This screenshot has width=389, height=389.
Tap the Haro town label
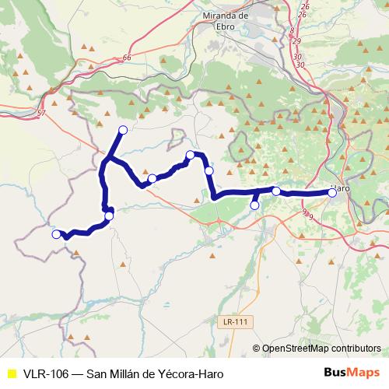point(339,187)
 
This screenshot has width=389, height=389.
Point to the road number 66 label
point(128,58)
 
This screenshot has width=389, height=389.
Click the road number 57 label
point(40,114)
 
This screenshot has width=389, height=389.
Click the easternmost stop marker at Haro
point(332,193)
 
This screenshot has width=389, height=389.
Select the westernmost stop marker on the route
point(55,234)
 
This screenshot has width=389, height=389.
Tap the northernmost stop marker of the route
point(122,129)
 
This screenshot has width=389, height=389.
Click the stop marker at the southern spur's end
point(254,205)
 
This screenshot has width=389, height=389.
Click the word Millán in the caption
point(129,372)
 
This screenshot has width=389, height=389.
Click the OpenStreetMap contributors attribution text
point(321,349)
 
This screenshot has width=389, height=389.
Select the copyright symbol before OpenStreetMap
point(256,349)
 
